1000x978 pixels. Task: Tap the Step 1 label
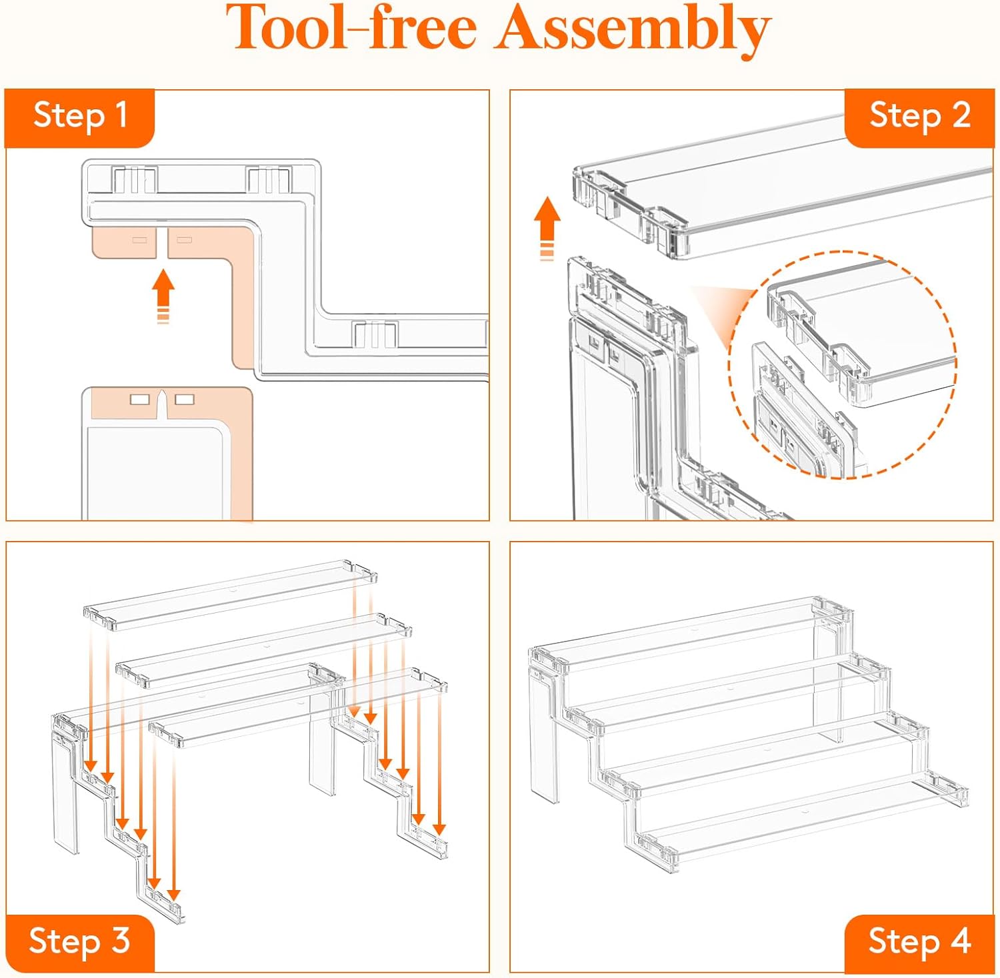[x=80, y=116]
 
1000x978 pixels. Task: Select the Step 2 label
[x=919, y=116]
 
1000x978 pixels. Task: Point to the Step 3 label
[x=79, y=941]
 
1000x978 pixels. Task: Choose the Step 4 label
[x=919, y=941]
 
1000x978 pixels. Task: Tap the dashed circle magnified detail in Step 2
[x=843, y=365]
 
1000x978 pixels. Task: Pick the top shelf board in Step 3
[x=230, y=594]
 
